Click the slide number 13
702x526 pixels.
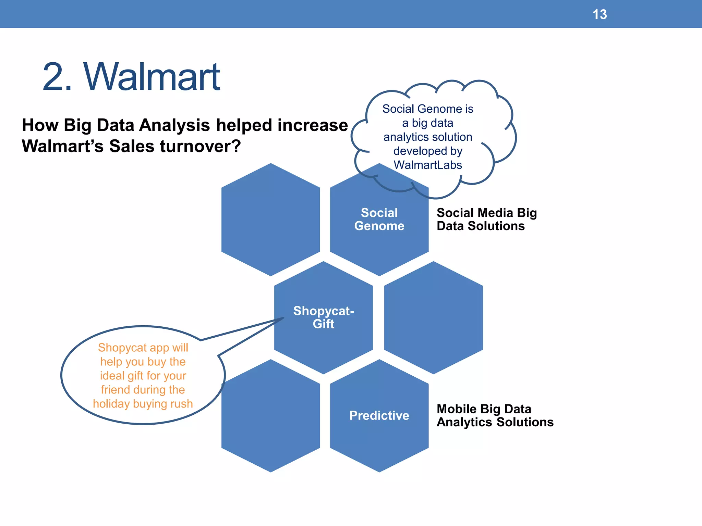(600, 14)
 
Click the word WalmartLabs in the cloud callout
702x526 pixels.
(427, 165)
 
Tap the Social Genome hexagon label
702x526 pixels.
(379, 219)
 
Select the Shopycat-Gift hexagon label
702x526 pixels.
(323, 317)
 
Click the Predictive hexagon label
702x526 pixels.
(379, 415)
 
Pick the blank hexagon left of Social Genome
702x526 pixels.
(270, 219)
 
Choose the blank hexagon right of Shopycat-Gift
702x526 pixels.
(433, 317)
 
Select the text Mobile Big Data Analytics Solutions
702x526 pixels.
(494, 415)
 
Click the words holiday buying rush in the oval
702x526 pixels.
(143, 404)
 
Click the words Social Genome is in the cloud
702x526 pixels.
(427, 109)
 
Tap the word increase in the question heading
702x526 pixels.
(312, 125)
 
